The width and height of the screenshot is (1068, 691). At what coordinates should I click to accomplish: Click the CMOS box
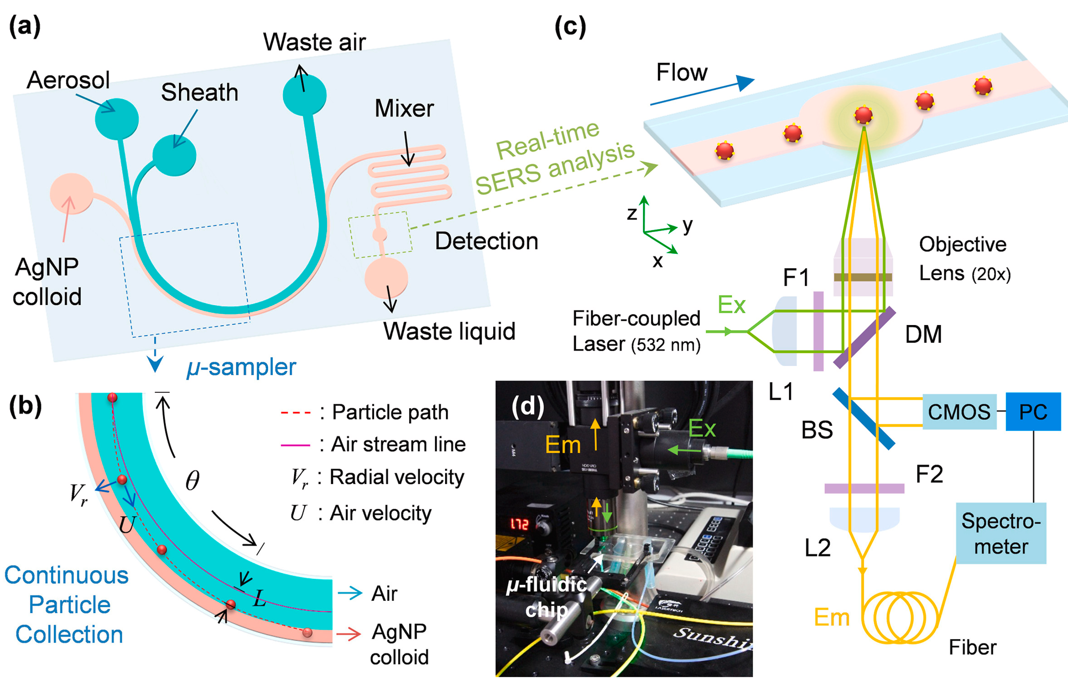click(x=959, y=412)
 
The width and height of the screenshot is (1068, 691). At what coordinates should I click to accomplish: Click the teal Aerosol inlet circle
click(x=117, y=119)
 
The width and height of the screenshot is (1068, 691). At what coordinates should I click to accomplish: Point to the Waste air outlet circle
click(x=305, y=95)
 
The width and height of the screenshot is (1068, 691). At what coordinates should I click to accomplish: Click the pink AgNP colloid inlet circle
click(x=71, y=194)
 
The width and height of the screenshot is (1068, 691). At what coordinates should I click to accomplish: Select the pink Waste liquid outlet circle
click(x=386, y=278)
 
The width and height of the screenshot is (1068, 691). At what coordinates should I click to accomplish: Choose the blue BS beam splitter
click(x=863, y=419)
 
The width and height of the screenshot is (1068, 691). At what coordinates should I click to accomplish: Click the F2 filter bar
click(x=864, y=488)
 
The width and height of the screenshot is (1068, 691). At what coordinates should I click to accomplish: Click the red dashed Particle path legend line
click(x=295, y=412)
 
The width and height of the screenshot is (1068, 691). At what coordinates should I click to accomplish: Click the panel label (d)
click(x=528, y=406)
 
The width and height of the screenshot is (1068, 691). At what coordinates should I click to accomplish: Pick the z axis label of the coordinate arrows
click(x=632, y=214)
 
